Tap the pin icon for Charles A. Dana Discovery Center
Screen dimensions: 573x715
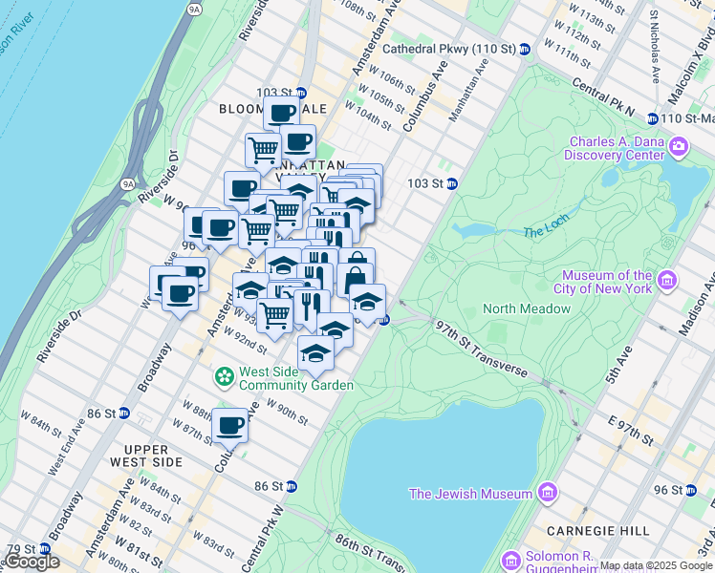[679, 146]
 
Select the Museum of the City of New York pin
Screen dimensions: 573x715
[667, 282]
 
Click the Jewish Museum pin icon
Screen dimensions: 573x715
[547, 494]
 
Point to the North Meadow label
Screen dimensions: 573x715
[527, 308]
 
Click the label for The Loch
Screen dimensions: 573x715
[546, 233]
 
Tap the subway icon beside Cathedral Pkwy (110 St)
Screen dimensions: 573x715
[525, 49]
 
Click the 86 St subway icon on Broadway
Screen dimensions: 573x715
[124, 414]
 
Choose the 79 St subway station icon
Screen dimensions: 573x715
[44, 549]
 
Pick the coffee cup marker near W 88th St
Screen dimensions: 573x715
[230, 426]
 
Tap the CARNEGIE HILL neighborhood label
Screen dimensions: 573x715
[584, 531]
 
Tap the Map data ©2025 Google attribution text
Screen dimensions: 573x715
[657, 565]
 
